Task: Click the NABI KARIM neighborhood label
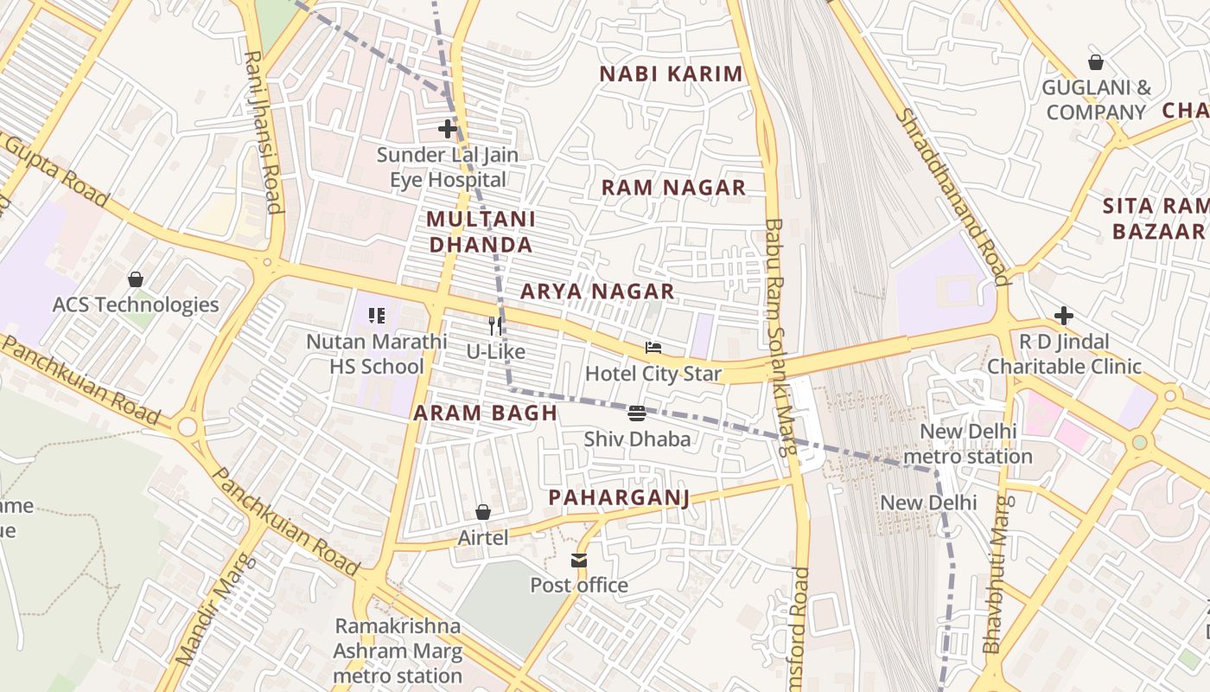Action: coord(672,74)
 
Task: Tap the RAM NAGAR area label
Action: coord(673,188)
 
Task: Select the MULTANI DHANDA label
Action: coord(481,233)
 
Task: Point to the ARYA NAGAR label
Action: coord(597,292)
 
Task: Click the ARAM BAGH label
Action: coord(485,413)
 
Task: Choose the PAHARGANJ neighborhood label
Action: coord(620,497)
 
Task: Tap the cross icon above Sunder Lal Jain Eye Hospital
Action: coord(447,130)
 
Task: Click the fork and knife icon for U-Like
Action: coord(495,325)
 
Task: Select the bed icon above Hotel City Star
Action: coord(653,348)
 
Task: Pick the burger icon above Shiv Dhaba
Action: coord(637,413)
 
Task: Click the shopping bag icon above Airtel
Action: coord(483,513)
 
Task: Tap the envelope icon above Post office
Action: coord(579,561)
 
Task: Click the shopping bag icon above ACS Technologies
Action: coord(136,279)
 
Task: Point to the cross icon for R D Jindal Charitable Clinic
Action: coord(1064,316)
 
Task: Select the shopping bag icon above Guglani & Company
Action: coord(1096,62)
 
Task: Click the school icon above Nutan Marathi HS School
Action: coord(376,316)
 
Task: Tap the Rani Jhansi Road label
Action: coord(263,131)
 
